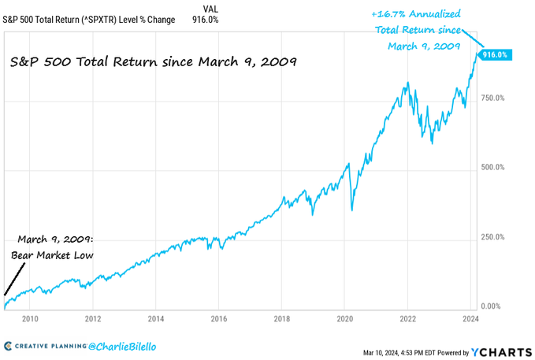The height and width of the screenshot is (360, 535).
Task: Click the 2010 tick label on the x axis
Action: pyautogui.click(x=30, y=319)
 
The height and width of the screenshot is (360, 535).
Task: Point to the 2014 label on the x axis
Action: pyautogui.click(x=156, y=319)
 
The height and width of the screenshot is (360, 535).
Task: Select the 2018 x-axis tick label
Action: pyautogui.click(x=281, y=319)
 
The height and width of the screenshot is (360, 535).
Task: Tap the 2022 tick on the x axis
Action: pyautogui.click(x=407, y=319)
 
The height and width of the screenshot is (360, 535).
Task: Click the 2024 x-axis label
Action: pyautogui.click(x=470, y=319)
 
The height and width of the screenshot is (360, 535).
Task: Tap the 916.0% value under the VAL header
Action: pyautogui.click(x=205, y=20)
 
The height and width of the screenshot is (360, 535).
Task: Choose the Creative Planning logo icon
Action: pyautogui.click(x=8, y=347)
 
